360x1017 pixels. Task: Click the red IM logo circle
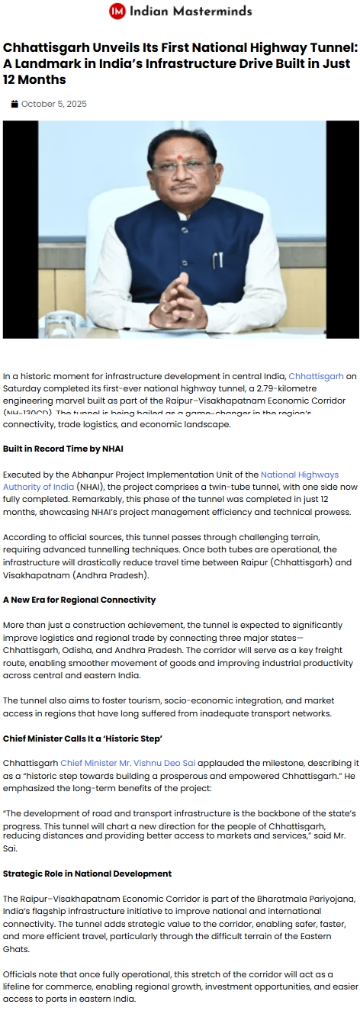(117, 11)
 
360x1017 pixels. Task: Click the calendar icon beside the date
(14, 104)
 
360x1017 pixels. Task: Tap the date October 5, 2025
(54, 104)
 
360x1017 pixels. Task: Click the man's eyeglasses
(179, 166)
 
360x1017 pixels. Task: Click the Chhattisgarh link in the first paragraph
(317, 376)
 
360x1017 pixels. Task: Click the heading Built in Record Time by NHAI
(63, 448)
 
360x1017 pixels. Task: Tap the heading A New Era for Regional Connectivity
(79, 600)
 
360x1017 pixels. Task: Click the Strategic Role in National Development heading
(87, 874)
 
